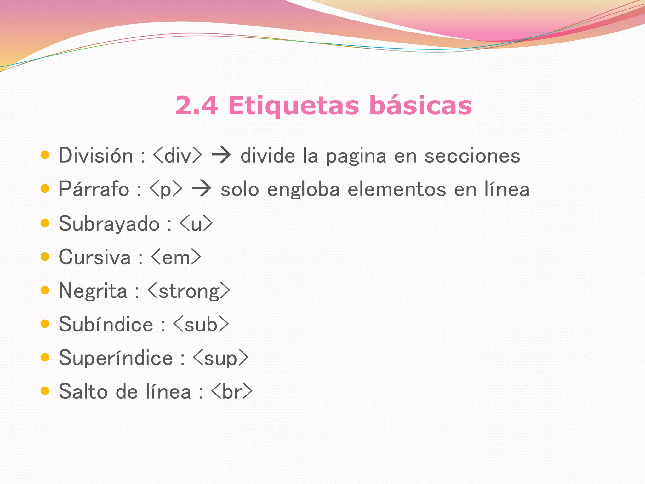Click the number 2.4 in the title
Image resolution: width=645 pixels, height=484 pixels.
point(197,105)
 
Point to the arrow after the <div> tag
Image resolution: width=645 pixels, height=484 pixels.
point(221,156)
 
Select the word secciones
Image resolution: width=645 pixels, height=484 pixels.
point(472,156)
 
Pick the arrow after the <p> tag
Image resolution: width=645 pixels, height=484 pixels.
point(202,189)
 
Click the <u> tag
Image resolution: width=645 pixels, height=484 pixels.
point(196,224)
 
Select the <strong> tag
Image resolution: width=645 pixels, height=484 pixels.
point(189,291)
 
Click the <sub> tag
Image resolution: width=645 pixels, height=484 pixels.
point(201,325)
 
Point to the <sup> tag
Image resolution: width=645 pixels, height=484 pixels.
point(220,358)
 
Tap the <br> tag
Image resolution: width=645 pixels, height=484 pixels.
point(232,392)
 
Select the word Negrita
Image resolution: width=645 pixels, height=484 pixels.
point(93,291)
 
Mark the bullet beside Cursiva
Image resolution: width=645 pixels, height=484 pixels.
point(45,256)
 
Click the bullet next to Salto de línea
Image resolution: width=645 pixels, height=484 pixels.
point(45,391)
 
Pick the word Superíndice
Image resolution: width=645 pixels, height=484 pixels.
point(116,358)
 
